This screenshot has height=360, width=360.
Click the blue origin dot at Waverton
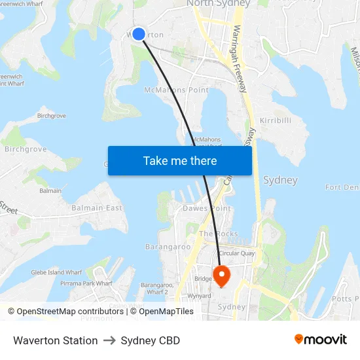click(x=139, y=33)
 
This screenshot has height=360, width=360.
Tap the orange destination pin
click(x=221, y=274)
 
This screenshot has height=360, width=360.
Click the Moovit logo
click(x=320, y=340)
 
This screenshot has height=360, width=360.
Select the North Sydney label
click(x=219, y=4)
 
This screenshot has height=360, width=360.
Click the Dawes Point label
click(x=206, y=208)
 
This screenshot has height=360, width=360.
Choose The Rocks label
click(x=219, y=234)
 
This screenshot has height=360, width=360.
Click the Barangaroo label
click(x=168, y=247)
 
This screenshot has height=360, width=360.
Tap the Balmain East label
click(x=97, y=208)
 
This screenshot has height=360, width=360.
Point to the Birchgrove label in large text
click(x=26, y=149)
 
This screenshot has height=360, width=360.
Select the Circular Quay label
click(x=237, y=253)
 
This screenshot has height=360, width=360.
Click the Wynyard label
click(x=199, y=296)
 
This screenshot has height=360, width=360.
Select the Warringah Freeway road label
click(x=240, y=59)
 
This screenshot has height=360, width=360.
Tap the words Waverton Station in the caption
click(x=55, y=340)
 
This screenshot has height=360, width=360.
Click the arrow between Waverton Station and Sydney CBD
click(x=109, y=340)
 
